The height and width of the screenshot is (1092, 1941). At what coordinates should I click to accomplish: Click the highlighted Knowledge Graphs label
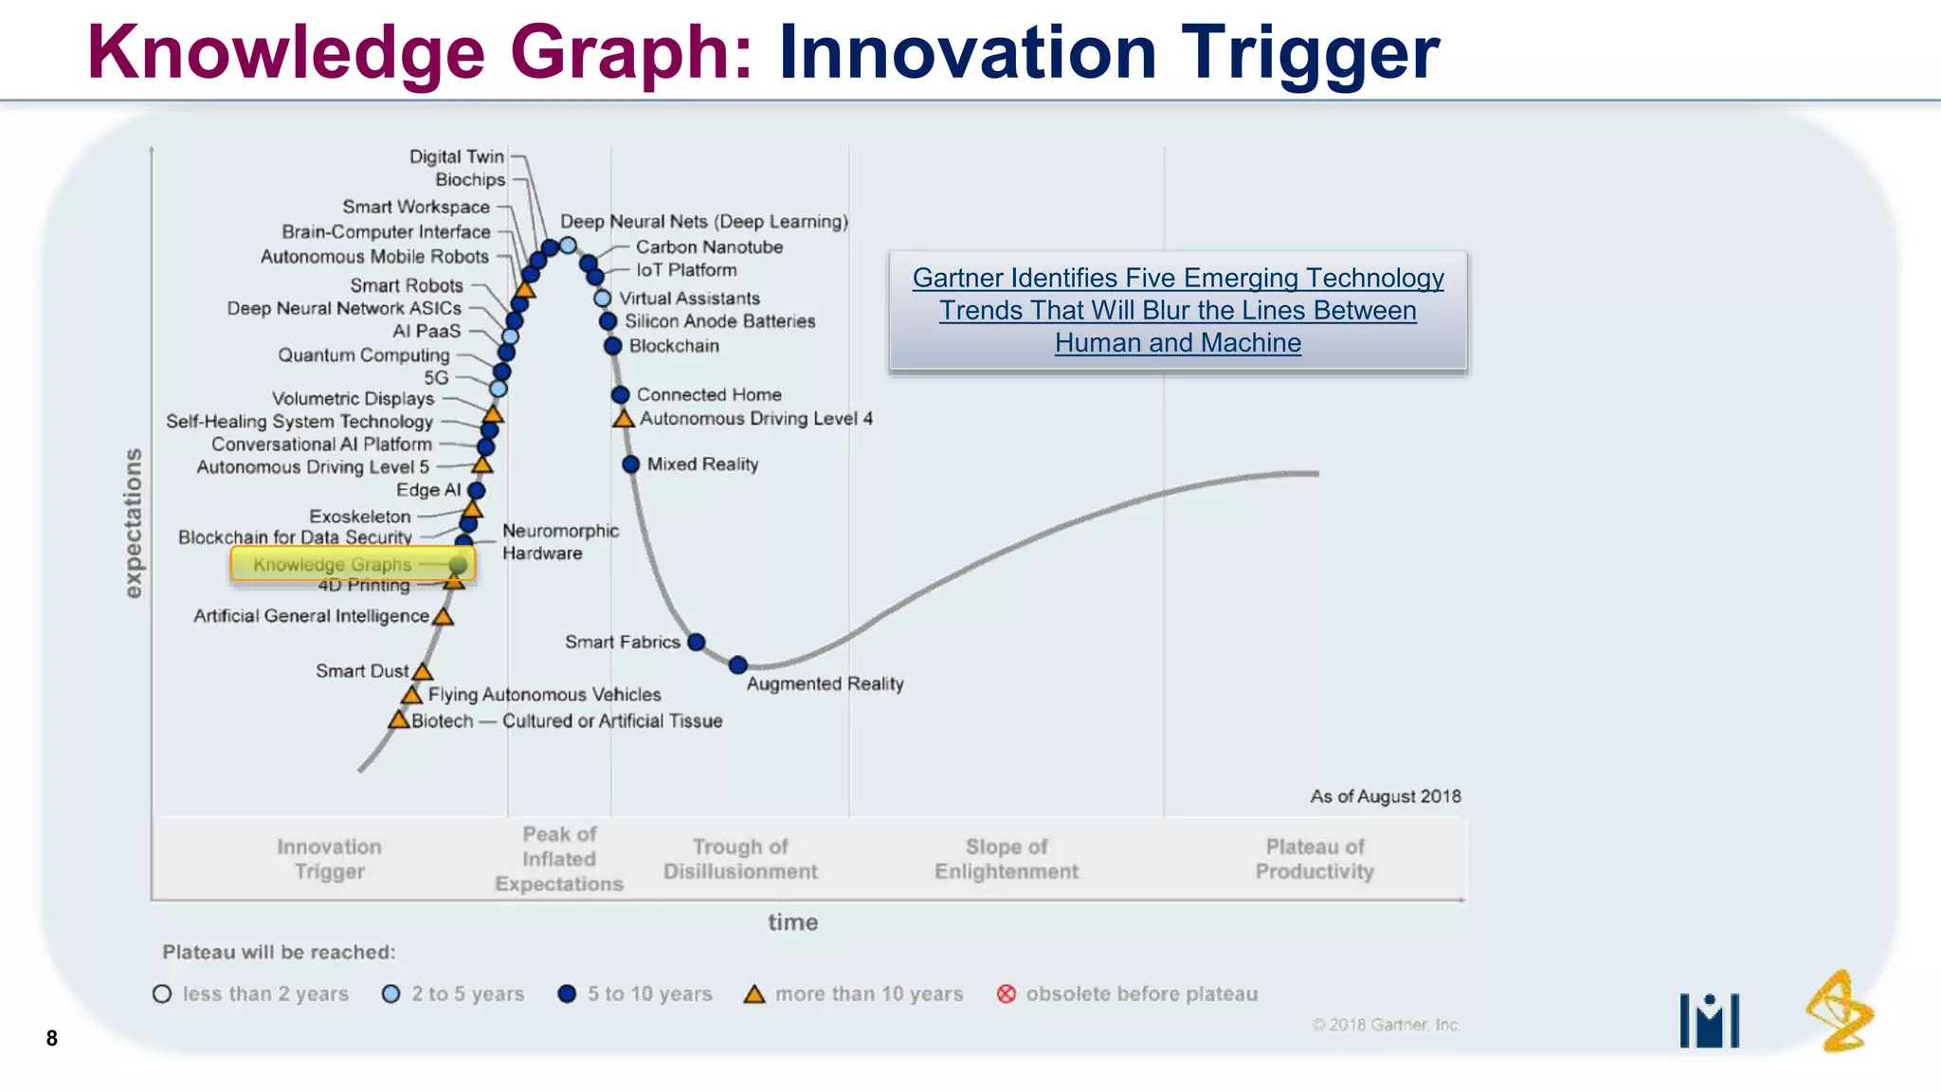coord(333,564)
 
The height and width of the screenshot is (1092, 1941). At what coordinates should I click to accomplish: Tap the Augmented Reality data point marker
coord(738,665)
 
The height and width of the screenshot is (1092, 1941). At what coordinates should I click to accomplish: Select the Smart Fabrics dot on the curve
coord(697,643)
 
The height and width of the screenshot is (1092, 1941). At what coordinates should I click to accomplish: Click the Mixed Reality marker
coord(631,464)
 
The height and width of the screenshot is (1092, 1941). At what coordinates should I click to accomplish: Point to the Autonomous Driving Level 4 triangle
coord(624,419)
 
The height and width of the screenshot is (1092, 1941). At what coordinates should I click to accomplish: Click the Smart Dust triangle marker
coord(423,672)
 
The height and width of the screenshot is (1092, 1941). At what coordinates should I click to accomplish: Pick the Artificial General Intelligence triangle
coord(443,617)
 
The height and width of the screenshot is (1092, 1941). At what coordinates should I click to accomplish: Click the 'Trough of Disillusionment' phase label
coord(740,859)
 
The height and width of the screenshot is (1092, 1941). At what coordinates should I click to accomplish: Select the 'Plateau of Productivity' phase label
coord(1315,859)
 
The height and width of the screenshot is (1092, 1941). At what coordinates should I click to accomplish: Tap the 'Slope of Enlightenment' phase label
coord(1007,859)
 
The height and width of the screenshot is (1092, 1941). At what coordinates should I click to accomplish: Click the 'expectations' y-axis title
coord(134,523)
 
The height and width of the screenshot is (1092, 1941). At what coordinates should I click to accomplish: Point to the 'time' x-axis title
coord(792,922)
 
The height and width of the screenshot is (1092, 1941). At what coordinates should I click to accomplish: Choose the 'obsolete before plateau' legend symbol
coord(1007,993)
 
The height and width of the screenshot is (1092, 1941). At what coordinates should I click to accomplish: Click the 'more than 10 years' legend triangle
coord(754,994)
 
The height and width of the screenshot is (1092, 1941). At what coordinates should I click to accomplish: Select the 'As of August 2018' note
coord(1385,796)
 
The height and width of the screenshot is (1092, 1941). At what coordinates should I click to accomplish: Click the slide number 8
coord(52,1038)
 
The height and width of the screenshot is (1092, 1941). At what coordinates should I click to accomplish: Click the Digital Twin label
coord(456,156)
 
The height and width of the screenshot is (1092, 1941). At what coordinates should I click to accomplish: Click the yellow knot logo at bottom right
coord(1839,1012)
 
